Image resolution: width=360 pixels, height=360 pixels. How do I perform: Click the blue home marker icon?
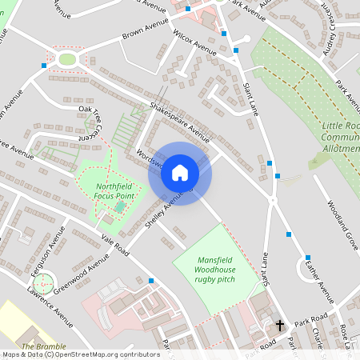pyautogui.click(x=180, y=172)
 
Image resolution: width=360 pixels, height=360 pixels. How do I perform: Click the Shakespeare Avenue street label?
pyautogui.click(x=179, y=123)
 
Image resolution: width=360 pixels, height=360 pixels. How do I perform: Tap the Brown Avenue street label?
pyautogui.click(x=143, y=32)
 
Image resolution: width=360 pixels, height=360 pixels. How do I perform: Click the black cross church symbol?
pyautogui.click(x=280, y=326)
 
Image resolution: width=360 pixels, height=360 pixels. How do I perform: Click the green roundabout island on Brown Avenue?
pyautogui.click(x=66, y=58)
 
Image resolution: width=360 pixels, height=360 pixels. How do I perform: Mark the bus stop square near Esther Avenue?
pyautogui.click(x=307, y=258)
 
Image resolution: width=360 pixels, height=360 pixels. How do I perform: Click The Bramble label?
pyautogui.click(x=38, y=346)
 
